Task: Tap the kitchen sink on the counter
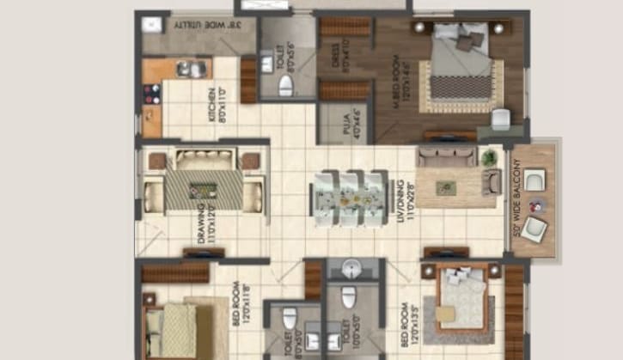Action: pyautogui.click(x=192, y=70)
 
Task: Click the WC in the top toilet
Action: pyautogui.click(x=286, y=84)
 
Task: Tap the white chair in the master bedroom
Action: pyautogui.click(x=500, y=119)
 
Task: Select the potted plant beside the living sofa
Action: pyautogui.click(x=489, y=157)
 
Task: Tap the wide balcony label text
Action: pyautogui.click(x=516, y=197)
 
